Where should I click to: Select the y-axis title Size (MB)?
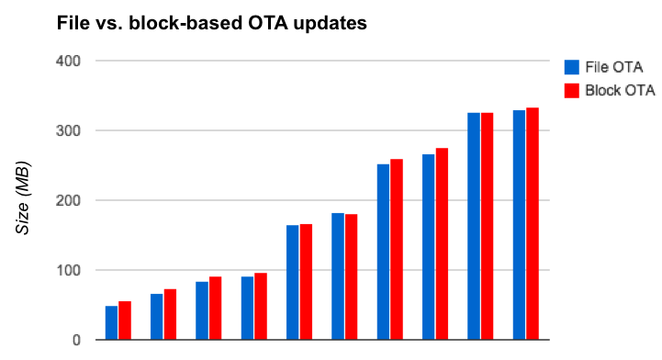coord(25,198)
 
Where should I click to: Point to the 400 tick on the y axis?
coord(70,62)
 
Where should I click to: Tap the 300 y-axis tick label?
coord(70,131)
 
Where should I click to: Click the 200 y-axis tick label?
coord(70,201)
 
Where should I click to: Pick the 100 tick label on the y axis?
coord(70,271)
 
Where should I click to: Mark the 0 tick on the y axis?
coord(76,341)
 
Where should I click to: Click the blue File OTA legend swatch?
coord(570,67)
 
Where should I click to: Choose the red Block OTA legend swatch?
coord(570,90)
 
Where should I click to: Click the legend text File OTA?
coord(612,67)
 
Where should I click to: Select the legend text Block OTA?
coord(617,90)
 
